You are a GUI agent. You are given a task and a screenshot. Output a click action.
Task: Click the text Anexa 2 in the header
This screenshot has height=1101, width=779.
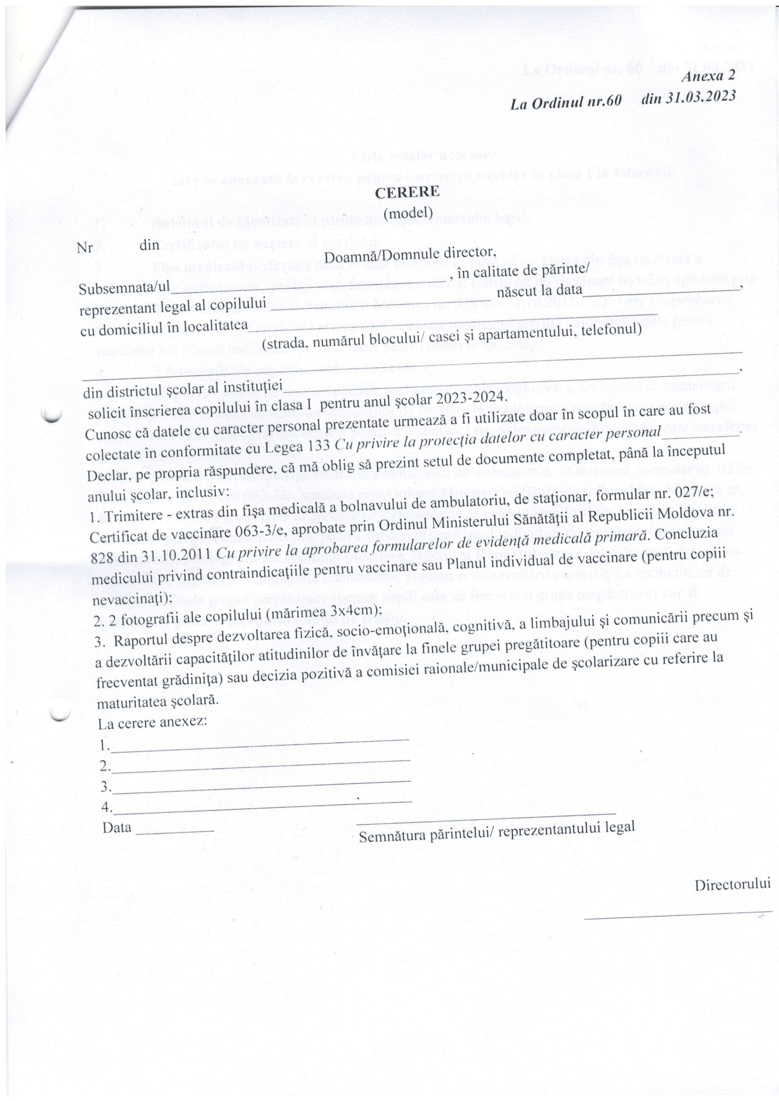708,76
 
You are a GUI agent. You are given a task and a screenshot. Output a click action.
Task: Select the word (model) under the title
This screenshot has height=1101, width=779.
409,211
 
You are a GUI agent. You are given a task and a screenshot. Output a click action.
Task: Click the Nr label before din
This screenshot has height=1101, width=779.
84,249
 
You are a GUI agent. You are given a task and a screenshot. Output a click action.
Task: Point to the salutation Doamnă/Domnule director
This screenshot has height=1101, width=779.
409,254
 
